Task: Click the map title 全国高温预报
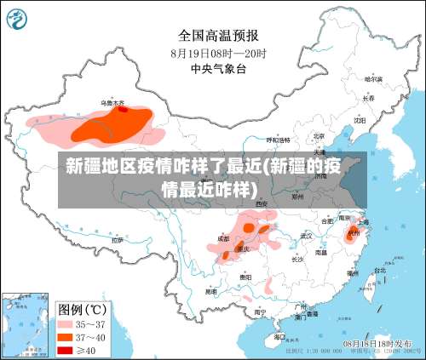click(x=218, y=36)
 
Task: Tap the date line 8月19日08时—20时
click(x=218, y=52)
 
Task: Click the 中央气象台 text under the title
click(x=218, y=67)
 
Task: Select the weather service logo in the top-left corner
click(x=17, y=16)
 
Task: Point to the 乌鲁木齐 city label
click(x=113, y=102)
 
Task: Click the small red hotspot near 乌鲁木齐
click(x=123, y=109)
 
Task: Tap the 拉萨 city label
click(x=117, y=240)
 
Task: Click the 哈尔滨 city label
click(x=372, y=78)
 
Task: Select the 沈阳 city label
click(x=360, y=120)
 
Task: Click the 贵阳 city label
click(x=245, y=277)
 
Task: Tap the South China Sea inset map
click(x=24, y=324)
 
